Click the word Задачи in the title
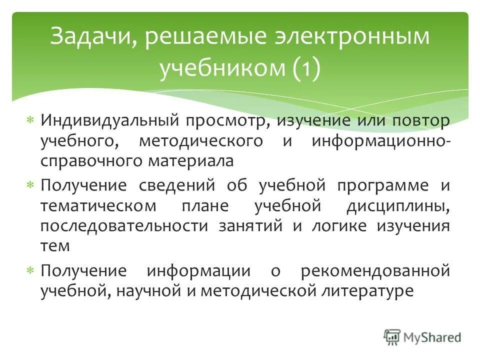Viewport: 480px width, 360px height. tap(88, 38)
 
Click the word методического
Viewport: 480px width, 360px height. tap(200, 141)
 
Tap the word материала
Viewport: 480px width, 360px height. tap(193, 161)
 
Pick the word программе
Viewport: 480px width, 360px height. tap(382, 186)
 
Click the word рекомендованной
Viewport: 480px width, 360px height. tap(375, 271)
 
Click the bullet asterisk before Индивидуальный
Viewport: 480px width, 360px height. tap(30, 121)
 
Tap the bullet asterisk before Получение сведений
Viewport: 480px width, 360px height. tap(30, 185)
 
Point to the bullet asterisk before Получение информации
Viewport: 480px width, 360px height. tap(30, 271)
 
